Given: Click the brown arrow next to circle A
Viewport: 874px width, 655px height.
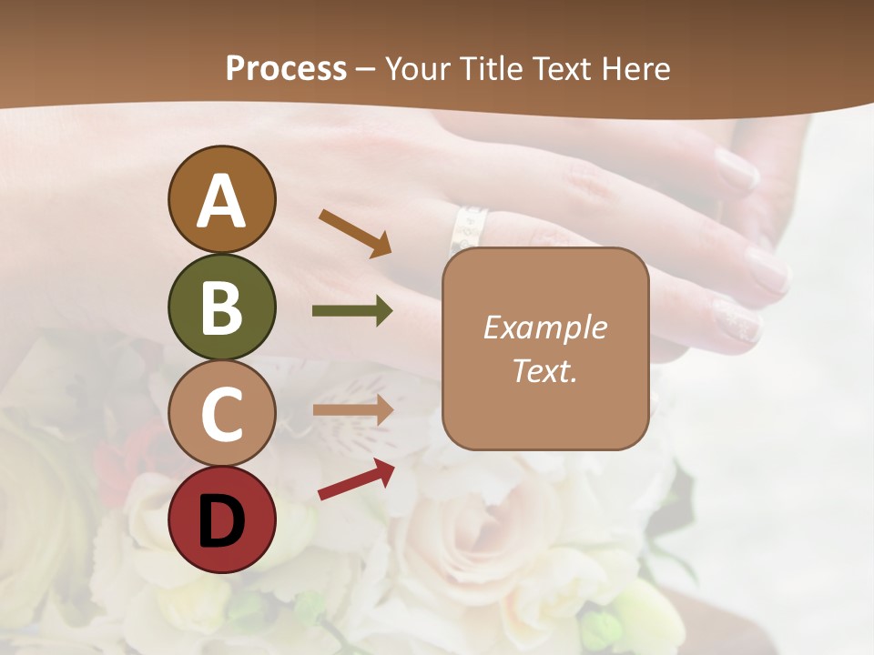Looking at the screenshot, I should coord(356,233).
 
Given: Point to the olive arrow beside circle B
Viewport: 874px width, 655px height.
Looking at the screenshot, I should coord(353,311).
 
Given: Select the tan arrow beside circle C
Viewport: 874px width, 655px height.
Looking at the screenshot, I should coord(353,410).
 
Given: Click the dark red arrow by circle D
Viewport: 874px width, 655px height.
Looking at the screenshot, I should coord(356,479).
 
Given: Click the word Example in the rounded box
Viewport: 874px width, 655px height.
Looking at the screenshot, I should coord(544,327).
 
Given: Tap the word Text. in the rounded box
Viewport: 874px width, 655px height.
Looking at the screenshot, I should coord(544,370).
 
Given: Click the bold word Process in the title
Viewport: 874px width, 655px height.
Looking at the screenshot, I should coord(286,68).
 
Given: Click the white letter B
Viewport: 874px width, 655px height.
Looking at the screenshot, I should coord(221,307).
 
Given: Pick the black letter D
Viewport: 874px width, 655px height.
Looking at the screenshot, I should coord(221,520).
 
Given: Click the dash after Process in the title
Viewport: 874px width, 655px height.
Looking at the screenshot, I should coord(365,69).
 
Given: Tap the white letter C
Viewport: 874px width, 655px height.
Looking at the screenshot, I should coord(221,414).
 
